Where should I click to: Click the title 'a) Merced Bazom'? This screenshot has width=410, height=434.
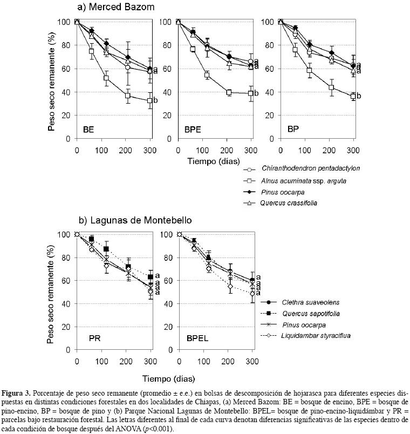coord(116,8)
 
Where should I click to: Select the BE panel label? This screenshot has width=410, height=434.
coord(88,129)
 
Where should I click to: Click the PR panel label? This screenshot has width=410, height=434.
coord(95,339)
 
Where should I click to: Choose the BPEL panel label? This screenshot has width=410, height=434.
coord(198,339)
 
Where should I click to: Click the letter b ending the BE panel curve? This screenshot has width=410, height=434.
coord(155,100)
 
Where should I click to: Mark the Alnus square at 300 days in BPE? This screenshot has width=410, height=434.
coord(250,93)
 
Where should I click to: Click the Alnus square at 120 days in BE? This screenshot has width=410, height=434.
coord(106,78)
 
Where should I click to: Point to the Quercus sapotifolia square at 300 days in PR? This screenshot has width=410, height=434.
coord(150,277)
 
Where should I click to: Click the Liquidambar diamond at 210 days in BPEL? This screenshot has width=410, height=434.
coord(230,286)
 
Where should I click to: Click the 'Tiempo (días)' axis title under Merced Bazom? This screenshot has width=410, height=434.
coord(216,161)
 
